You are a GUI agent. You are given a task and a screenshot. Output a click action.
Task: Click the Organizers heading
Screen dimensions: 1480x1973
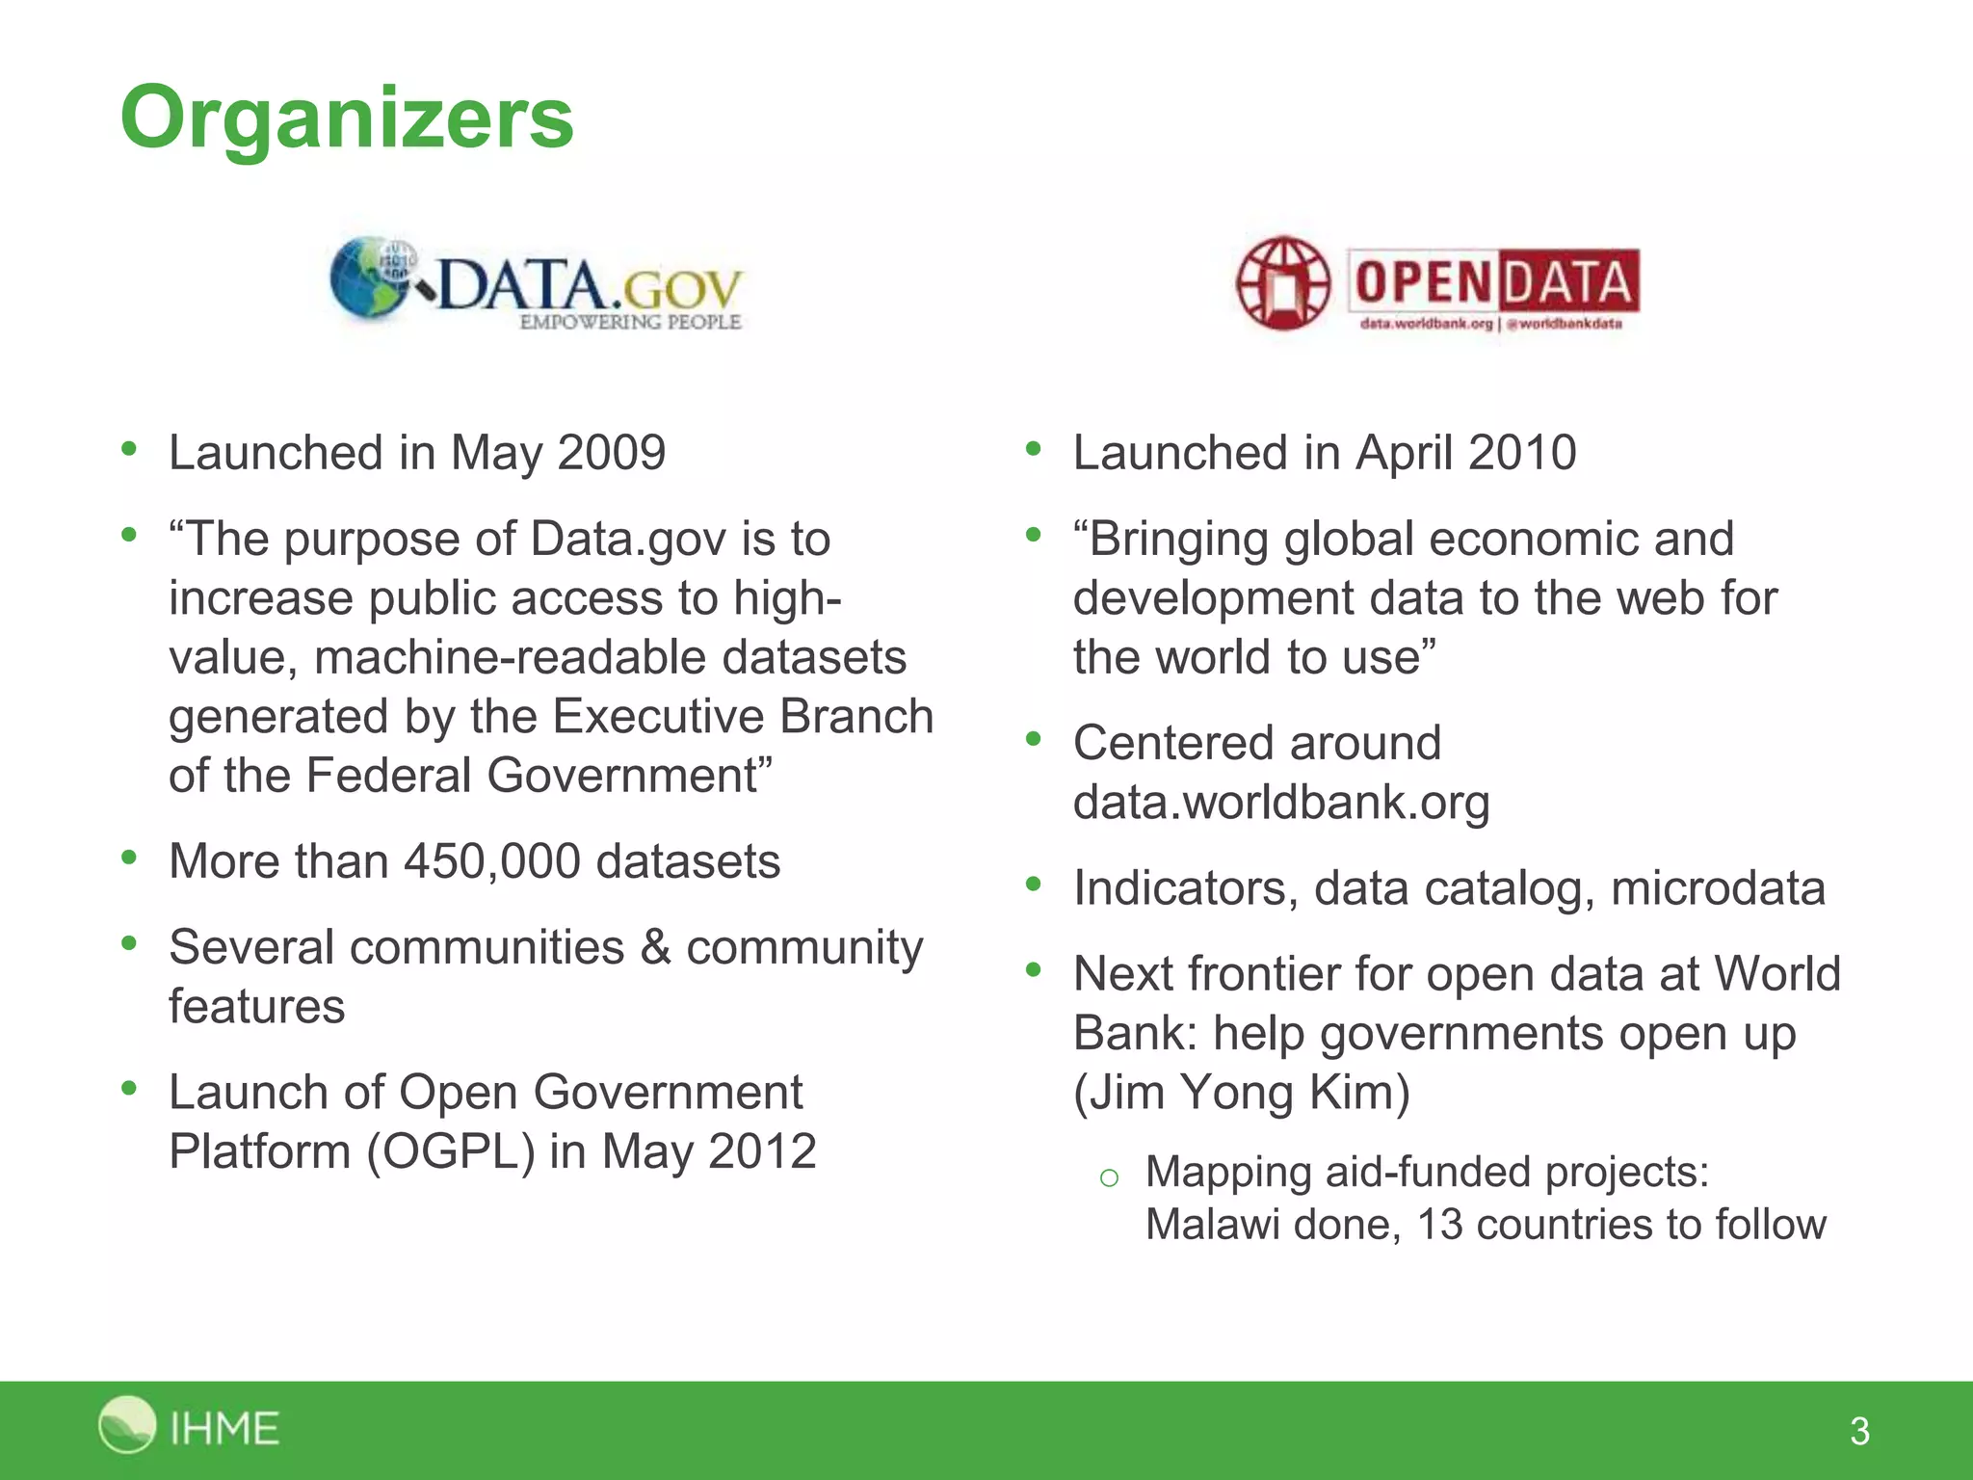pyautogui.click(x=347, y=118)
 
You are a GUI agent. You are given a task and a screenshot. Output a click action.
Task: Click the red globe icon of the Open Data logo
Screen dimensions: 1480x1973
pyautogui.click(x=1282, y=283)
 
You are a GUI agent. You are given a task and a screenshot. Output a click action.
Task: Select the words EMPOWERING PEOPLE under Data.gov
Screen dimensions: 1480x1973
pyautogui.click(x=630, y=322)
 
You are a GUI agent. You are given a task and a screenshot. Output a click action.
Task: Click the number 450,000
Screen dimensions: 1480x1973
pyautogui.click(x=491, y=861)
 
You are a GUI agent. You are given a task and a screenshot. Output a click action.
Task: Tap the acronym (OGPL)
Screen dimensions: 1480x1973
pyautogui.click(x=450, y=1151)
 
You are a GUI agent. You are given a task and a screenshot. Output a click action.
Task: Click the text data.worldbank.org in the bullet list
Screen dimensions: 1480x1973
pyautogui.click(x=1281, y=803)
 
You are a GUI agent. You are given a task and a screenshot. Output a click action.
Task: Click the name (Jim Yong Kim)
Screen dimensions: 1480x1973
pyautogui.click(x=1242, y=1093)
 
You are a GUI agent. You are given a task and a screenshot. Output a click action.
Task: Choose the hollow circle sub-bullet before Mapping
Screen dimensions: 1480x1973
pyautogui.click(x=1109, y=1177)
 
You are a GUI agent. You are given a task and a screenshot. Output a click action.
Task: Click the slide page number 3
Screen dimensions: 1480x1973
pyautogui.click(x=1859, y=1431)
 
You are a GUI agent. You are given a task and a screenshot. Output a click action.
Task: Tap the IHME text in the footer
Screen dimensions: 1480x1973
pyautogui.click(x=224, y=1428)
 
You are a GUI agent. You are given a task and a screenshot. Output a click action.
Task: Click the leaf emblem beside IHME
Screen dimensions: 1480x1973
pyautogui.click(x=126, y=1424)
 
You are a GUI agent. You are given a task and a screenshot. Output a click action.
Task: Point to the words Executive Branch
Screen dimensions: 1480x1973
pyautogui.click(x=743, y=717)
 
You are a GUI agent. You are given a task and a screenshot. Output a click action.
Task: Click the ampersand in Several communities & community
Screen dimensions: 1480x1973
pyautogui.click(x=655, y=947)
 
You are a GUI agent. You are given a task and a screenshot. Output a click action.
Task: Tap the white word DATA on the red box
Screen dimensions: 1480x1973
pyautogui.click(x=1567, y=283)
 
